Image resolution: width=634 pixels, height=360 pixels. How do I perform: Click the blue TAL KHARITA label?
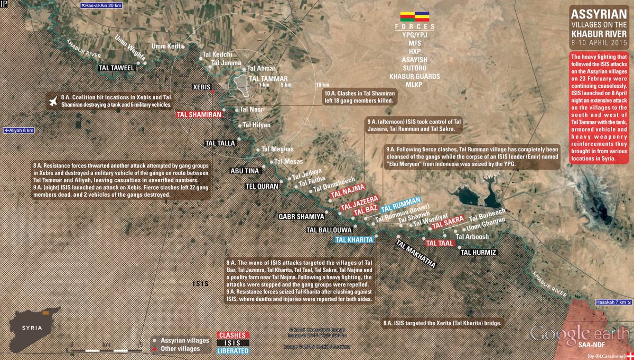pos(355,239)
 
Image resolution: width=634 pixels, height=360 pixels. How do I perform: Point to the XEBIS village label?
pos(201,86)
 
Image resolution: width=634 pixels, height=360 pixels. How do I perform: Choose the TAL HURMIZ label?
pos(478,252)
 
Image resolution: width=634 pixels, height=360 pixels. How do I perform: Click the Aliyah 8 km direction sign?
pos(19,130)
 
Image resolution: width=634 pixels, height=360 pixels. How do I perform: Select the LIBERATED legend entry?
pos(233,350)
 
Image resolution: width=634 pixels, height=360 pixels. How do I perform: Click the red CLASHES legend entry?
pos(233,335)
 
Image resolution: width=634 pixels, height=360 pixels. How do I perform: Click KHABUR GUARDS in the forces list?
pos(414,76)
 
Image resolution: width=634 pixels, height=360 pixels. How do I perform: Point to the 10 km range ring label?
pos(322,85)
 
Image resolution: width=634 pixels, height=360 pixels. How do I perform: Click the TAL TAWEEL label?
pos(117,68)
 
